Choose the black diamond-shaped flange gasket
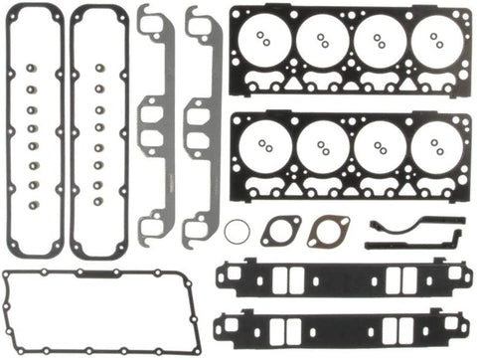point(280,230)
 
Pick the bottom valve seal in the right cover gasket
point(100,198)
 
